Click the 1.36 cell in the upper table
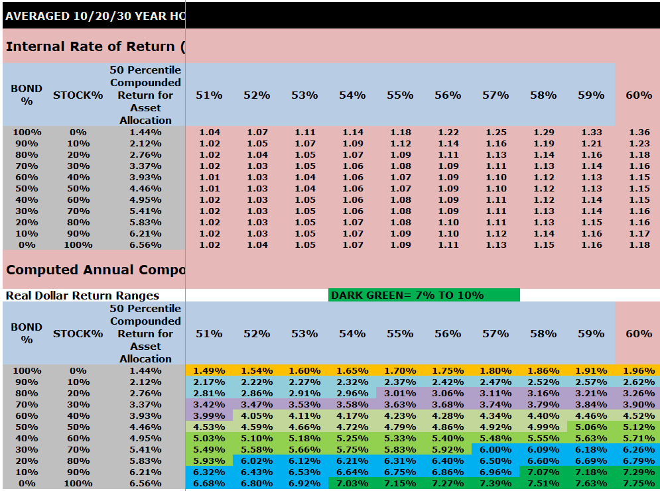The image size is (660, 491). point(639,133)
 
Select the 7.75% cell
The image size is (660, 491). point(639,484)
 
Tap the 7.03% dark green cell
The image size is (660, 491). point(352,484)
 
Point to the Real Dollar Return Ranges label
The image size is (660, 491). point(83,296)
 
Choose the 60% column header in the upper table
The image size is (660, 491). point(639,95)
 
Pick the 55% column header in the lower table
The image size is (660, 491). point(400,333)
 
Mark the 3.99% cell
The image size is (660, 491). point(209,416)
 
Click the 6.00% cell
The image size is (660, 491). point(495,450)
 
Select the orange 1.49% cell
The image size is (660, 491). point(209,371)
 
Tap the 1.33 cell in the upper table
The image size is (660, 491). point(591,133)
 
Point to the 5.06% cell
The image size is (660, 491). point(591,427)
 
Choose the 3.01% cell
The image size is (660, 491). point(400,394)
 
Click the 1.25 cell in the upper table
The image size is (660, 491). point(495,133)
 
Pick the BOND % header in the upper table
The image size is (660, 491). point(27,95)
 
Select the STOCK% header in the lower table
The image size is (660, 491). point(78,333)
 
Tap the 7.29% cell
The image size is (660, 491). point(639,472)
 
